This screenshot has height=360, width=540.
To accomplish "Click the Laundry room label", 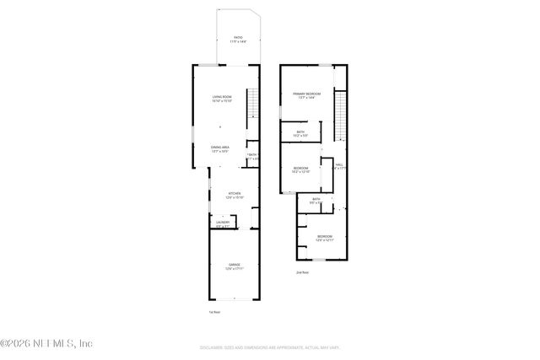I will click(222, 224).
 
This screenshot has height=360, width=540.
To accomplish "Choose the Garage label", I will click(234, 266).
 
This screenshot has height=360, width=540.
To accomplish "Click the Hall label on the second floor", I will click(339, 167).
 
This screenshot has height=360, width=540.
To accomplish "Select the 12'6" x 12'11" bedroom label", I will click(325, 239).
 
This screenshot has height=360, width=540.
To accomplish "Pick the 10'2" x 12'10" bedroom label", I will click(301, 169).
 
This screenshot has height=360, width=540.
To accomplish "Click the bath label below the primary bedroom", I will click(300, 133).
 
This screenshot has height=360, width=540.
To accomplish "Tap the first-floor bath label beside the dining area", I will click(252, 156).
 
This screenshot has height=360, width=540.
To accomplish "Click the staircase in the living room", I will click(252, 106).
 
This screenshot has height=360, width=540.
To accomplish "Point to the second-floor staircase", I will click(341, 118).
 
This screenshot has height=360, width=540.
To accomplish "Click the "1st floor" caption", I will click(214, 312).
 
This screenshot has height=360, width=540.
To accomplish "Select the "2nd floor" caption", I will click(302, 272).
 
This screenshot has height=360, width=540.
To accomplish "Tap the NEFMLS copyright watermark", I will click(46, 343).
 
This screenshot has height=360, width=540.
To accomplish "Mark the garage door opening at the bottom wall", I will click(235, 300).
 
